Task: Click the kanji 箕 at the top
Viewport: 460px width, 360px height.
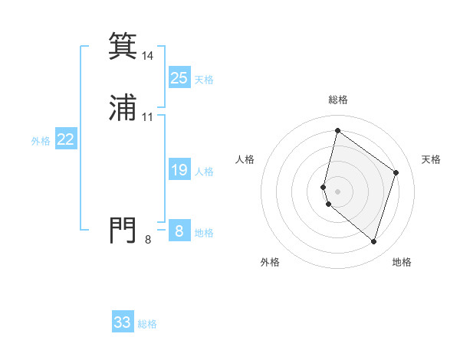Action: click(123, 47)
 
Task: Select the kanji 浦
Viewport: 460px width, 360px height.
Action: click(123, 108)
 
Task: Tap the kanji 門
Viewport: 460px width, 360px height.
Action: click(123, 230)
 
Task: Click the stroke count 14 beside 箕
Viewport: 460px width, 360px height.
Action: click(147, 56)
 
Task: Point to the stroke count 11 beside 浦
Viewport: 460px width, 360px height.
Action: click(147, 117)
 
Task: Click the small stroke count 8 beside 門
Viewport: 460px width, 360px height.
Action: click(148, 240)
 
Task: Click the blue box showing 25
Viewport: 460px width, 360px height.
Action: click(179, 78)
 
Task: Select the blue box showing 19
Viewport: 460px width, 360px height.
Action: click(179, 170)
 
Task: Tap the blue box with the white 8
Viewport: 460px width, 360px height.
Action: click(179, 231)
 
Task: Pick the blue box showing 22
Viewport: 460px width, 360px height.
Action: click(66, 139)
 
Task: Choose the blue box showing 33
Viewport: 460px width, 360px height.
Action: click(123, 322)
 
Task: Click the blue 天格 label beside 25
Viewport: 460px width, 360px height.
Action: click(204, 80)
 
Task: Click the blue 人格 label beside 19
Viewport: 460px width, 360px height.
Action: click(204, 172)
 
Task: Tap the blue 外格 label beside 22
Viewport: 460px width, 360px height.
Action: click(41, 141)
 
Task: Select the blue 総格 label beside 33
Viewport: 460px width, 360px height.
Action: click(147, 324)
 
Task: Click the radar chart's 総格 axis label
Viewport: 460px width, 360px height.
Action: click(337, 100)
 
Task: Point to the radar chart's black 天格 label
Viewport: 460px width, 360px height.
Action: click(431, 159)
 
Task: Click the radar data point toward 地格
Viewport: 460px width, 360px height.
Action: click(373, 241)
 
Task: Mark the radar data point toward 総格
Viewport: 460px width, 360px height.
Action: click(337, 130)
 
